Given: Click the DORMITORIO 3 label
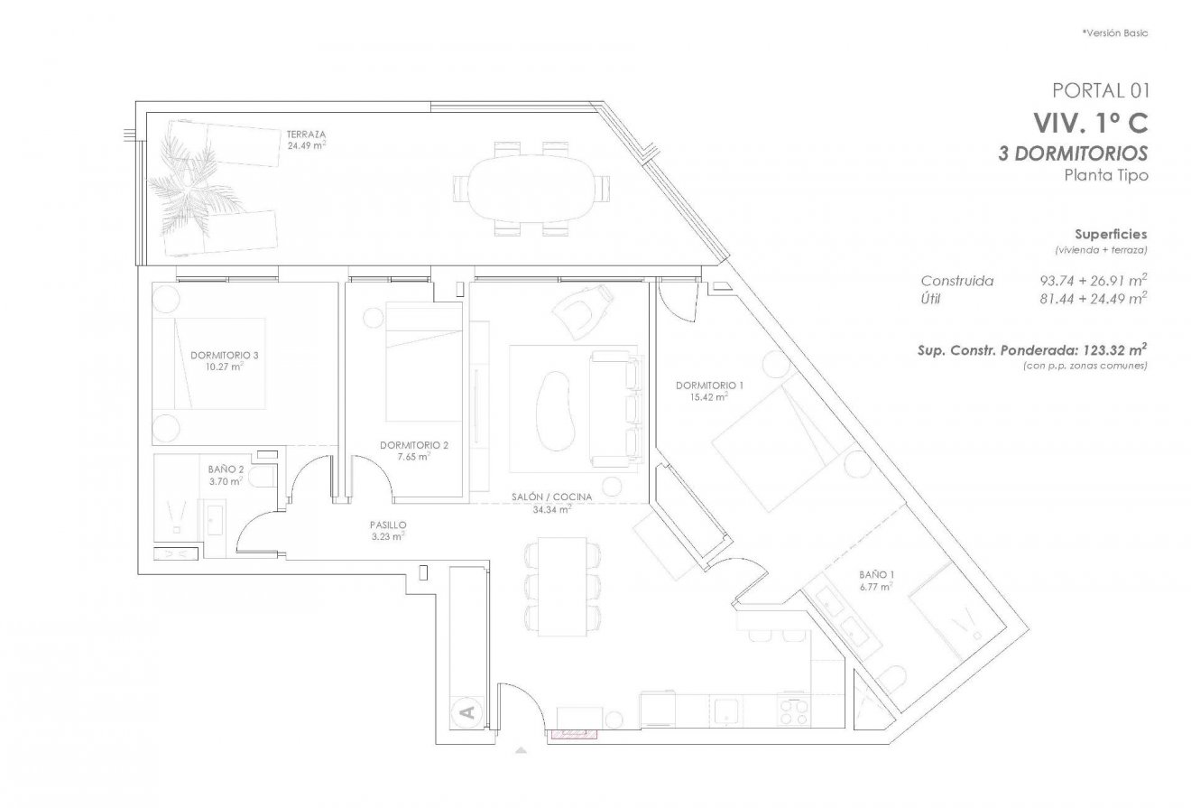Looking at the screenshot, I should coord(225,356).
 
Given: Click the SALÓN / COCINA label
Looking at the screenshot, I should coord(553,497).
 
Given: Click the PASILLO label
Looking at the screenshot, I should coord(387,525).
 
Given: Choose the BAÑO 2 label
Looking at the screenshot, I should coord(226,469).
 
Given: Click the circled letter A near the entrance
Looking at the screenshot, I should coord(466,712).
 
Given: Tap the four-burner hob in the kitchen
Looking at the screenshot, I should coord(793,710).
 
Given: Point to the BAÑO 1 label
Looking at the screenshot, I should coord(874,574).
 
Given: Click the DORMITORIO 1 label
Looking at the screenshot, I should coord(709,385).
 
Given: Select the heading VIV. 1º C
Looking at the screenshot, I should coord(1090,121).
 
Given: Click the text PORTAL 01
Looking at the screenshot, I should coord(1100,89).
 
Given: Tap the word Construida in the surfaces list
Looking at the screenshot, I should coord(956,281).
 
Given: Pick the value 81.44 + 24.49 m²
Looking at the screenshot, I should coord(1093,298).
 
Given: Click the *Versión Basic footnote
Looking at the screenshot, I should coord(1114,33).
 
